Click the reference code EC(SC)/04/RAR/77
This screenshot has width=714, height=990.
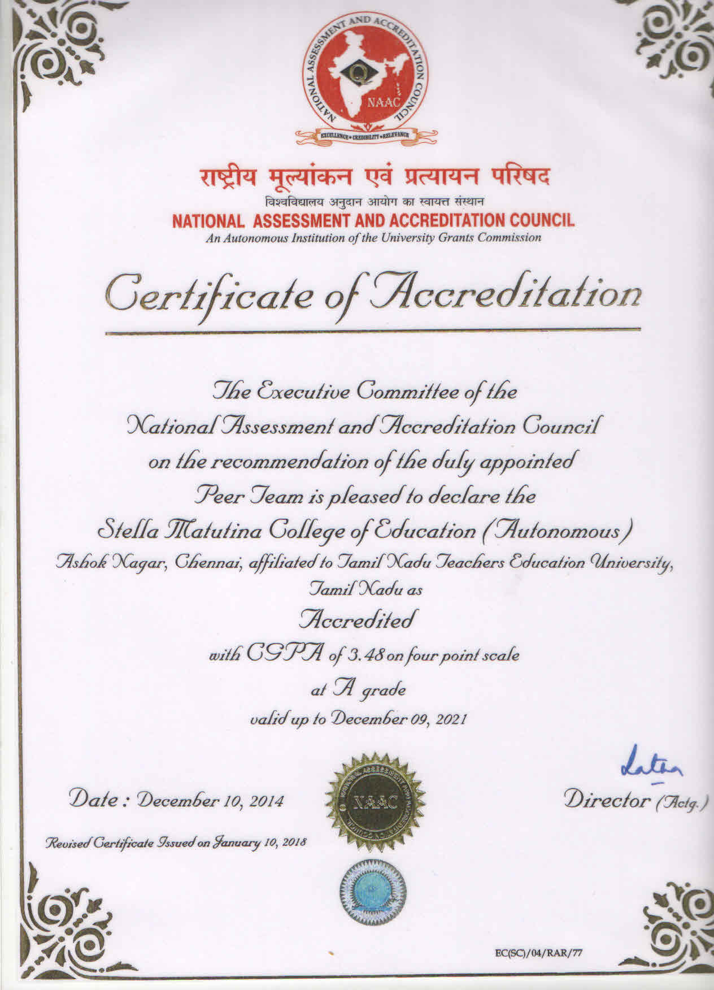coord(537,953)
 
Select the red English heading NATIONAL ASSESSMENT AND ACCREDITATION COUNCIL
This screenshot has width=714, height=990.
coord(373,221)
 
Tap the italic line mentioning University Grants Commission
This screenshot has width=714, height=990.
coord(373,238)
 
